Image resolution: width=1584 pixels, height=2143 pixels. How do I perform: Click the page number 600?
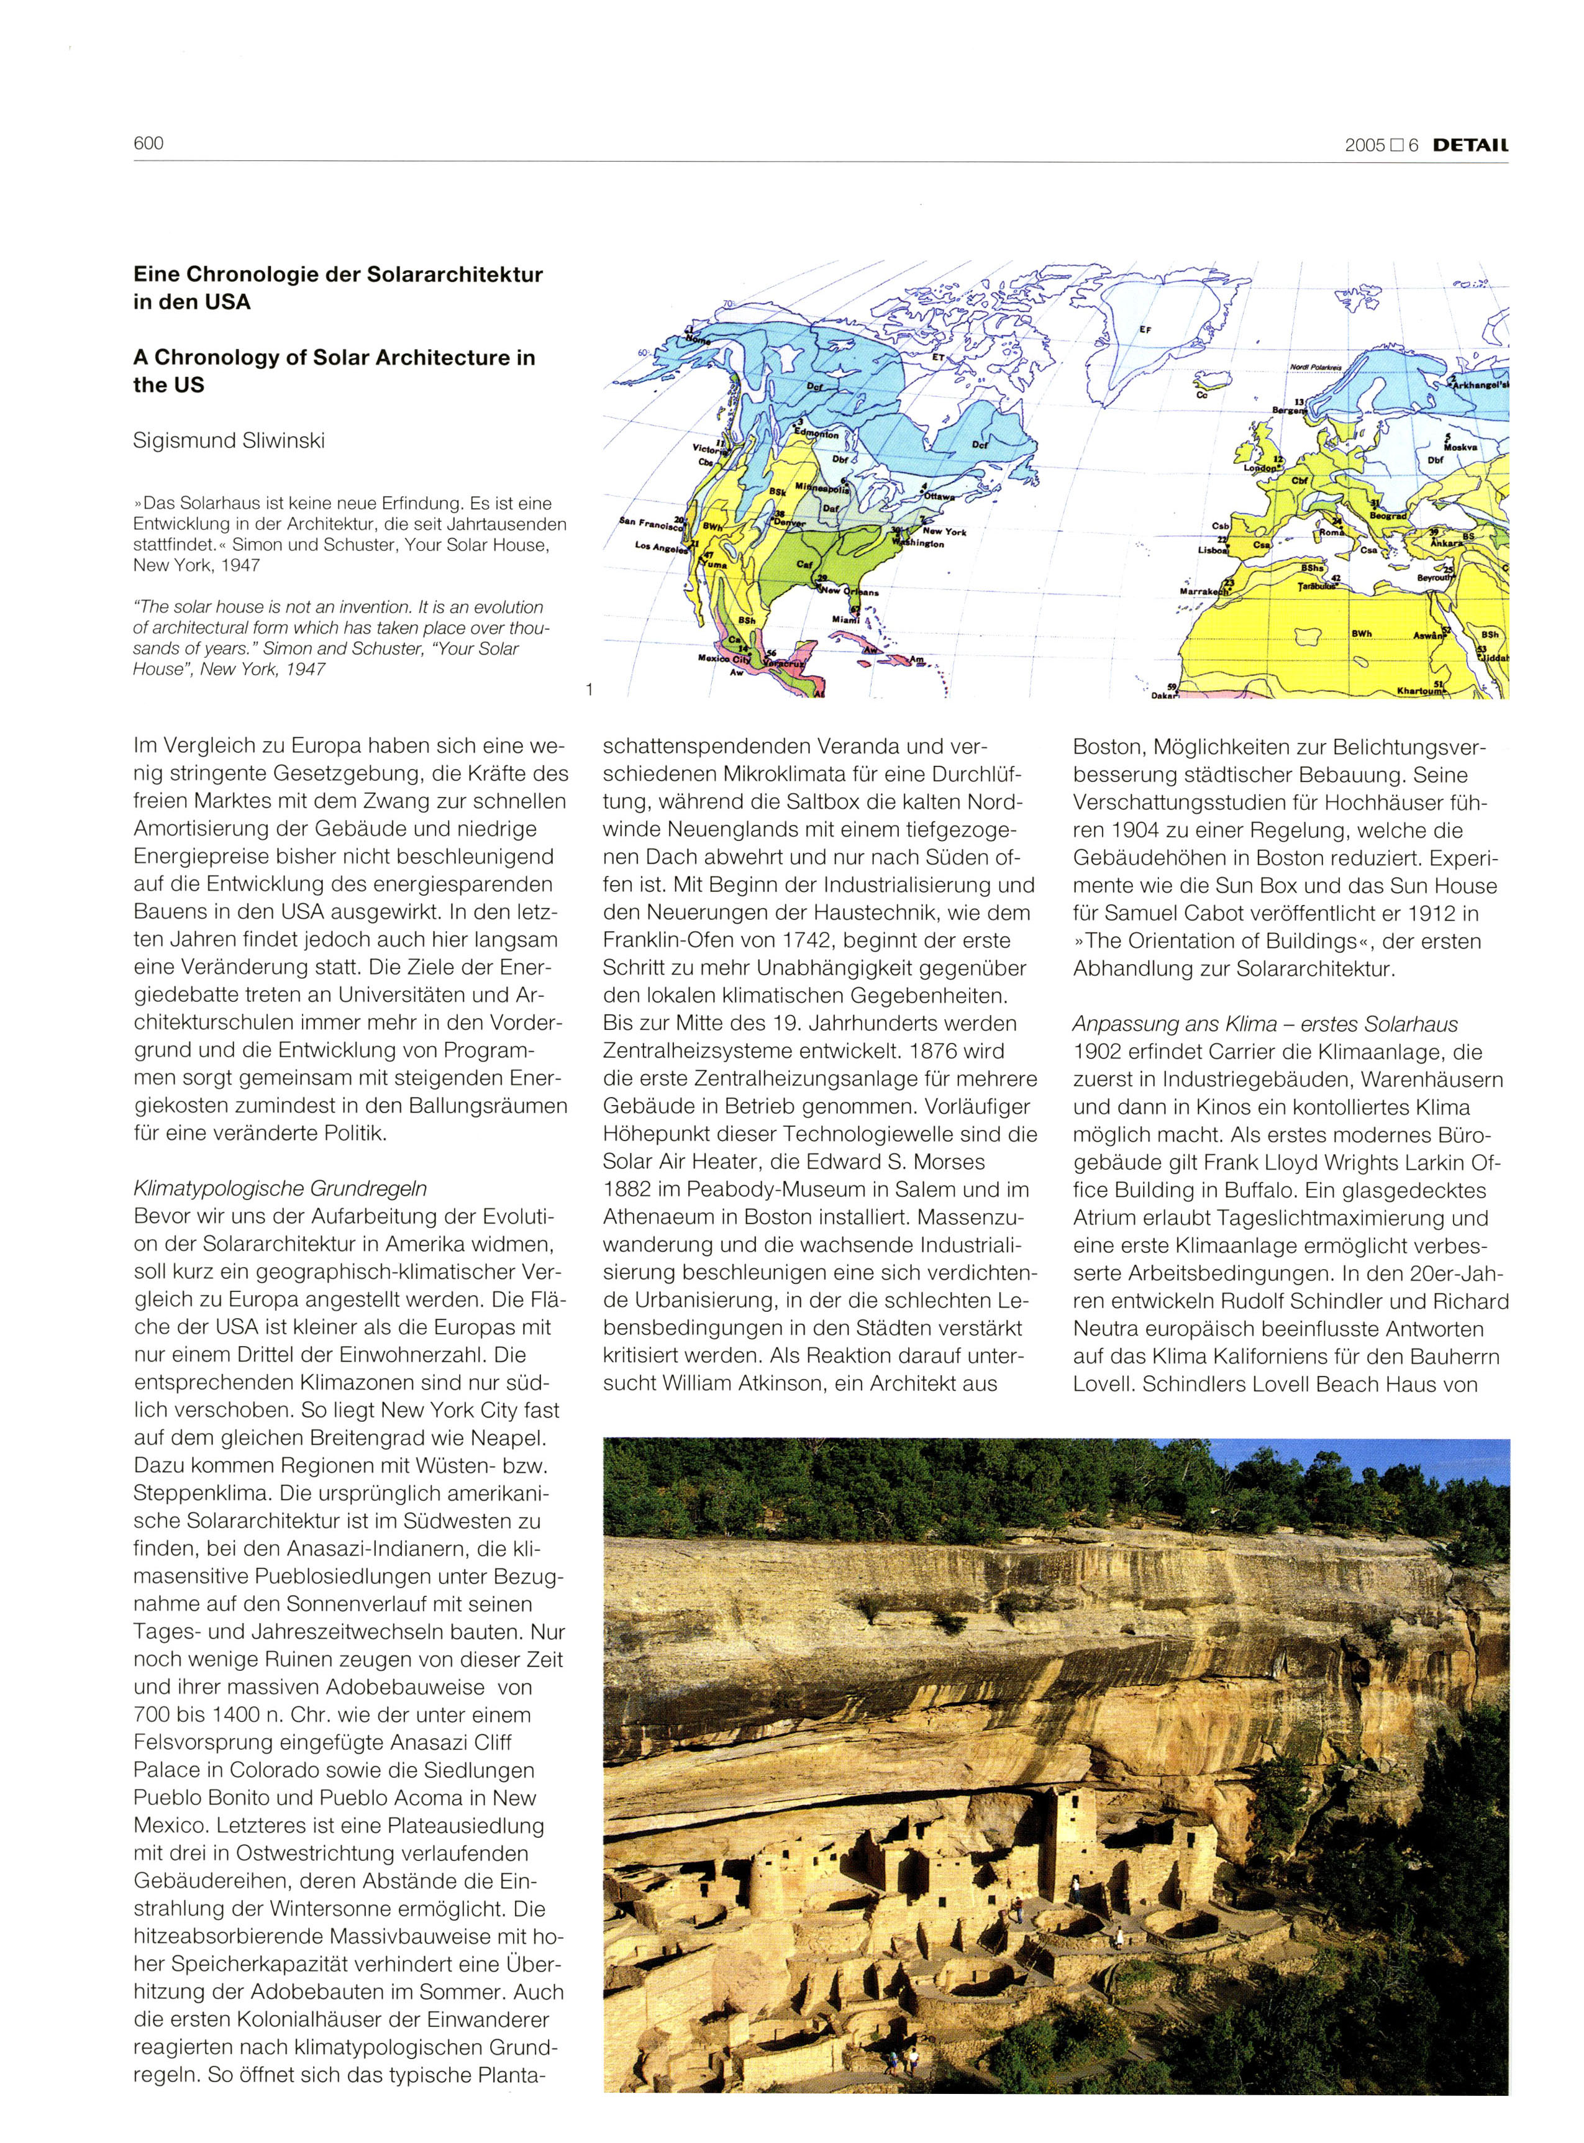tap(148, 144)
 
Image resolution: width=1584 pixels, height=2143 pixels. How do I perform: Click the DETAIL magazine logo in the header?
tap(1464, 146)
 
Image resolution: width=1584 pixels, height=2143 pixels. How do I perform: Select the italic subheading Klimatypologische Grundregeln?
tap(280, 1189)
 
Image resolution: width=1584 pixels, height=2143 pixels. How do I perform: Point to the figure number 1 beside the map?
tap(589, 688)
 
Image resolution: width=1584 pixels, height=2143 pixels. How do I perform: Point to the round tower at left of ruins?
tap(771, 1875)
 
